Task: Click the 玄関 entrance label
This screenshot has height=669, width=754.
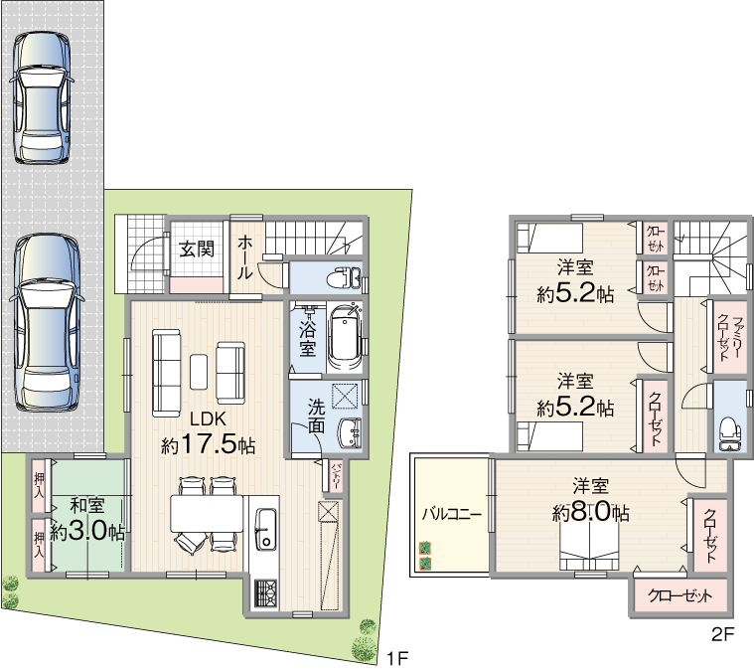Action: [x=197, y=250]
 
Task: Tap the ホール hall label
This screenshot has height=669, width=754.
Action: [x=244, y=257]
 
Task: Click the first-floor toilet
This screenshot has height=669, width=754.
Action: [x=344, y=278]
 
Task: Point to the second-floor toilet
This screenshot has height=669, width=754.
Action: [x=730, y=433]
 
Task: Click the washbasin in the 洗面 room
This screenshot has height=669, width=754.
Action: [x=351, y=432]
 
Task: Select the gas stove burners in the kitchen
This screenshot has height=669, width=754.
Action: [x=265, y=593]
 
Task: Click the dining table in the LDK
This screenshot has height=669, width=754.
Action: [x=207, y=514]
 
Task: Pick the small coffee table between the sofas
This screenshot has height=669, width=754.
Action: [x=199, y=372]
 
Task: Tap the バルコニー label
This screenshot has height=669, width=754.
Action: [x=452, y=514]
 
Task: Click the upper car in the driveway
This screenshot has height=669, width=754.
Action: [x=42, y=98]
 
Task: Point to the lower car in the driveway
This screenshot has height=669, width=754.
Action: [x=46, y=322]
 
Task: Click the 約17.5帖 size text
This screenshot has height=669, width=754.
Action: [x=208, y=446]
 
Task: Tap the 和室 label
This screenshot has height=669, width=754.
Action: [x=87, y=506]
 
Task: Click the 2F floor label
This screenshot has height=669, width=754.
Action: [x=723, y=635]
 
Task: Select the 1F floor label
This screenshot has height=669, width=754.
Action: [x=397, y=657]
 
